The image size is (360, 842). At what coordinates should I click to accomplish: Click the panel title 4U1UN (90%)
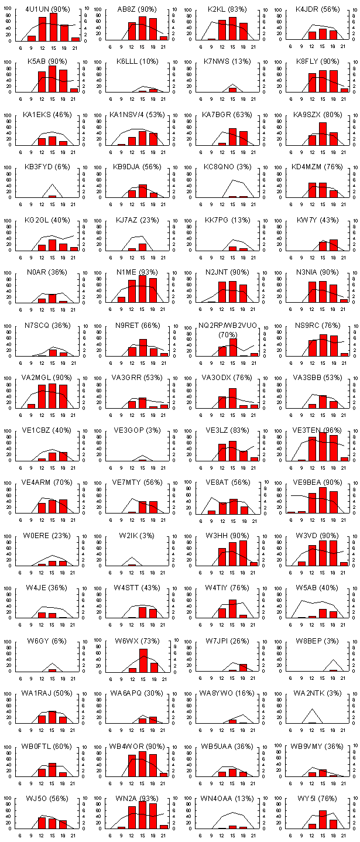point(47,9)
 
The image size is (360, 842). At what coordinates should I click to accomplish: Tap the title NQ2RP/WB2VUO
point(227,326)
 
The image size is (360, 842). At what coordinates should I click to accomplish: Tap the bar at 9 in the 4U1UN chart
point(32,38)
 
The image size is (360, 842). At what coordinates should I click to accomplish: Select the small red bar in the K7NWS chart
point(232,90)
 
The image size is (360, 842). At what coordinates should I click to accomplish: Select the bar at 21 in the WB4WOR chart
point(164,774)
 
